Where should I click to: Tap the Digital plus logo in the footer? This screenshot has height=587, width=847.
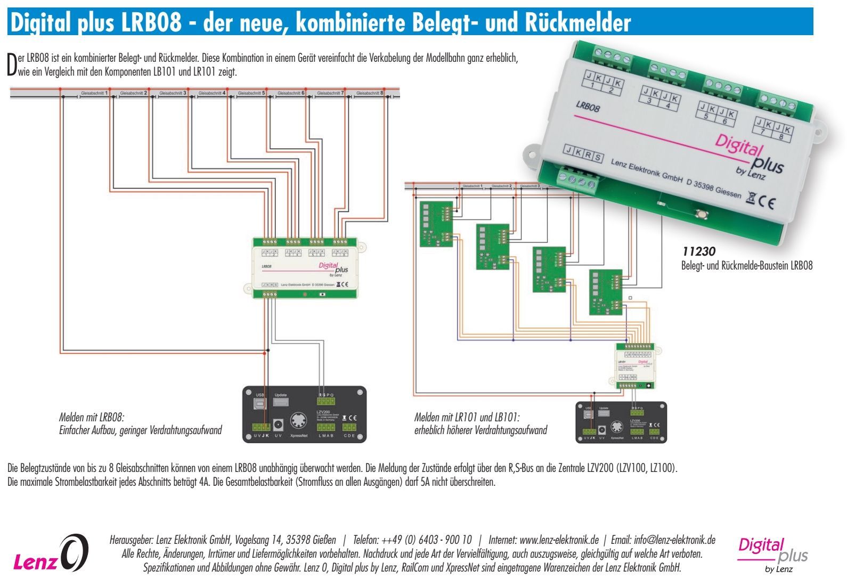(772, 554)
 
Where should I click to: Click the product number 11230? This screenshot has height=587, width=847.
(698, 251)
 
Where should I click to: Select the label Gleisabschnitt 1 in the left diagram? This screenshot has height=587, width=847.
(95, 93)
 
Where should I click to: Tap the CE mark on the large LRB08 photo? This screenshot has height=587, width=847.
(767, 202)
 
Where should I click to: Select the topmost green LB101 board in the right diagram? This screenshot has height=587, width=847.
(436, 224)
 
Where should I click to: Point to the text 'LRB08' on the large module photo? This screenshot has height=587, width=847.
(588, 107)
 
